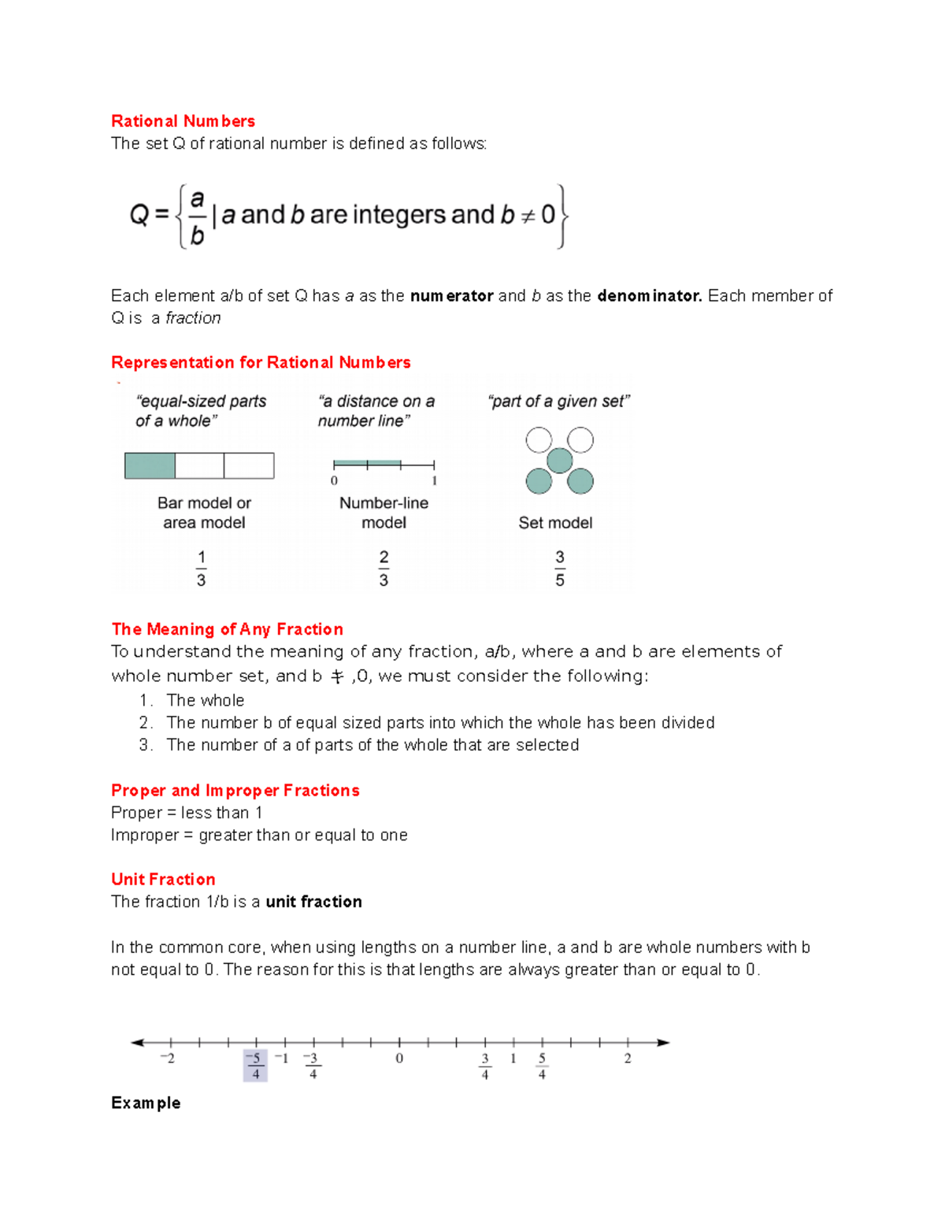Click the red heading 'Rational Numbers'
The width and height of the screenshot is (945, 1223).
tap(183, 121)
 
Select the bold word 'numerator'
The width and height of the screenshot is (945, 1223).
tap(451, 296)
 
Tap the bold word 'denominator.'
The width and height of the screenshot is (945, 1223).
tap(649, 296)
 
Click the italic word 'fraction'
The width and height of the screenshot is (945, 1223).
tap(193, 318)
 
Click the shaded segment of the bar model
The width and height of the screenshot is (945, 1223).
tap(150, 465)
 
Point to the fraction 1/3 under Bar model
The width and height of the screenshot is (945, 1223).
tap(201, 569)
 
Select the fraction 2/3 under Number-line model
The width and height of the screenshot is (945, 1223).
tap(384, 569)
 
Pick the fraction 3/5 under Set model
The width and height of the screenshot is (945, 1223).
tap(560, 569)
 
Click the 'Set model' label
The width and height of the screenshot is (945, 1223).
tap(555, 523)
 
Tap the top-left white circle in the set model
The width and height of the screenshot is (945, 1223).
tap(539, 439)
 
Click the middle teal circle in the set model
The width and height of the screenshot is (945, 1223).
tap(560, 460)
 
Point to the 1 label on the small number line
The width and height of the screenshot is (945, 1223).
tap(434, 481)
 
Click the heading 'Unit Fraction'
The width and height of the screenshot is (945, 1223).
tap(163, 880)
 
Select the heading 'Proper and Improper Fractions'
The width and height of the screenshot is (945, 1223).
tap(235, 791)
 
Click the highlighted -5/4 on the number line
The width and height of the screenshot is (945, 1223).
tap(255, 1065)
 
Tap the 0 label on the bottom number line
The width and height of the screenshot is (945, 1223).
tap(399, 1058)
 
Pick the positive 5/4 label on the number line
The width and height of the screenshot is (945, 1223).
tap(542, 1065)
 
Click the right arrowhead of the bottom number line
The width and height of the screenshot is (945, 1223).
tap(663, 1043)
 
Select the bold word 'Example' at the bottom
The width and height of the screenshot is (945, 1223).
tap(146, 1103)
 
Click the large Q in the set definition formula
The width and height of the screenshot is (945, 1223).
tap(139, 214)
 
